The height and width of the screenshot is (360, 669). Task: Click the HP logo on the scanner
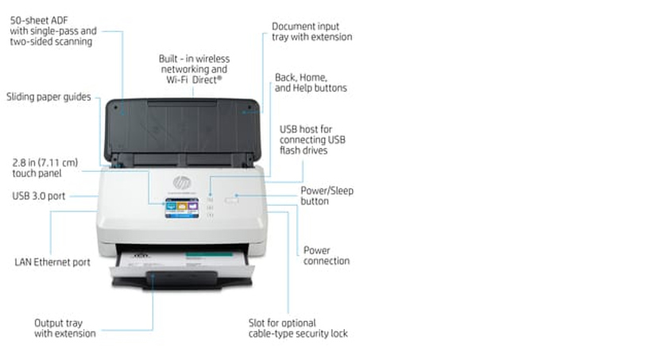tap(182, 183)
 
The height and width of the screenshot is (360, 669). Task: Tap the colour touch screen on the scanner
tap(182, 207)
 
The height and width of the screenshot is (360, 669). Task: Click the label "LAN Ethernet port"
tap(52, 262)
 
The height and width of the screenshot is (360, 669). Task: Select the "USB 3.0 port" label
tap(39, 196)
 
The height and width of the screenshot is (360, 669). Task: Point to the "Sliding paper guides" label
tap(48, 97)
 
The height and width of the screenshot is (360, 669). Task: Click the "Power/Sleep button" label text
tap(327, 195)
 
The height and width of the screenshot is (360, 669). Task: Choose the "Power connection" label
tap(327, 256)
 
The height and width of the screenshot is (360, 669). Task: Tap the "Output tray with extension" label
tap(65, 328)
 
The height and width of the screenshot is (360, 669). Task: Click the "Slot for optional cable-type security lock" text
tap(298, 328)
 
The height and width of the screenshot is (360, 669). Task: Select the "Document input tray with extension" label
tap(312, 32)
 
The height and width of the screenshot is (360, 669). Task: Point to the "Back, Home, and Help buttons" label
tap(311, 83)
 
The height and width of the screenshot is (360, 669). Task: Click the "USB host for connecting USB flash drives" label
tap(312, 140)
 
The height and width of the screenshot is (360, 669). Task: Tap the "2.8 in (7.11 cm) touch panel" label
tap(45, 168)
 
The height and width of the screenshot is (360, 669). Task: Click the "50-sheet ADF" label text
tap(39, 20)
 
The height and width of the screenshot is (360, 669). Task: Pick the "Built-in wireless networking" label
tap(194, 64)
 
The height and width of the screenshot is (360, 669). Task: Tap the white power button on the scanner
tap(232, 199)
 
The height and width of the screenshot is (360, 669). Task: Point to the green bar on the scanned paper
tap(209, 254)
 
